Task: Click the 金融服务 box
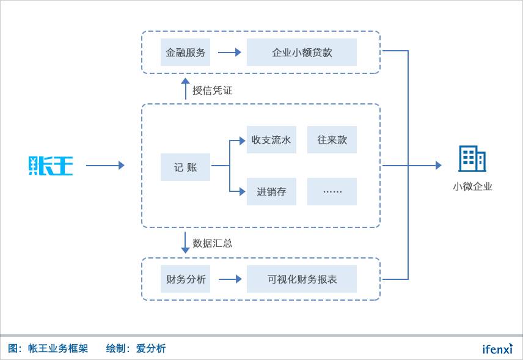click(185, 53)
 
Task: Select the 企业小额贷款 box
click(302, 53)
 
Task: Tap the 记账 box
click(185, 167)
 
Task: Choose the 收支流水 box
click(271, 140)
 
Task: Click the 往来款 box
click(332, 140)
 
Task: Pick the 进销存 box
click(271, 192)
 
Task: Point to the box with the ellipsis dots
click(332, 192)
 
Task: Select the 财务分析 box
click(185, 279)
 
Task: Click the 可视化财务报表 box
click(302, 279)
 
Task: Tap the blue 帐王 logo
click(51, 166)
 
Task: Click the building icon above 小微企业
click(472, 159)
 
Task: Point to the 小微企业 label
click(472, 187)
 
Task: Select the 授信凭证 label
click(213, 90)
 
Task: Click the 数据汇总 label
click(213, 243)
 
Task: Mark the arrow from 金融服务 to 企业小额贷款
click(229, 53)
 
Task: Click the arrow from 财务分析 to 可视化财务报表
click(230, 279)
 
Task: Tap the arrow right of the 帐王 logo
click(105, 166)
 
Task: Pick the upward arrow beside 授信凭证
click(185, 89)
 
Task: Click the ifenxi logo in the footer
click(497, 349)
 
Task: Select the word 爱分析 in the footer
click(151, 349)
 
